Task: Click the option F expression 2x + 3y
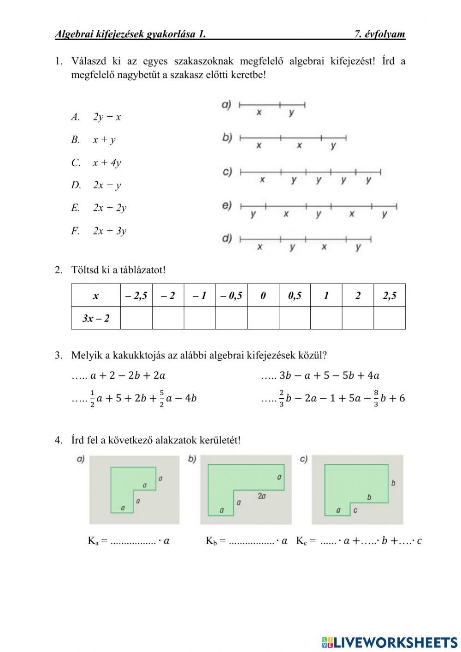[109, 231]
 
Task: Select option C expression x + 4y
[106, 163]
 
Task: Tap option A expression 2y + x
[107, 117]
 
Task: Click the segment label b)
[227, 138]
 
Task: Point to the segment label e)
[227, 205]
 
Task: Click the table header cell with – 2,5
[136, 296]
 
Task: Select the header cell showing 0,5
[295, 296]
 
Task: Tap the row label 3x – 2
[96, 318]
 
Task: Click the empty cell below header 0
[263, 318]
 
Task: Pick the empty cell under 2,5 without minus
[390, 318]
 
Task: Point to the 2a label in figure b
[261, 496]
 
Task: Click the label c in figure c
[355, 510]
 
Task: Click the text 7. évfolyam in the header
[379, 34]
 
